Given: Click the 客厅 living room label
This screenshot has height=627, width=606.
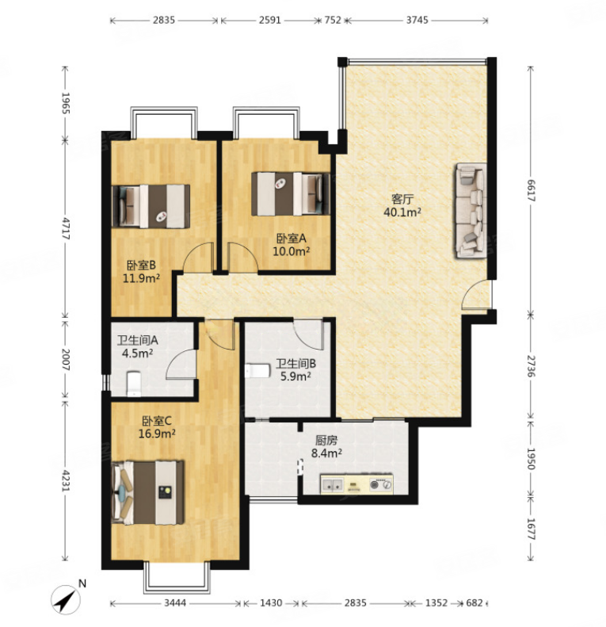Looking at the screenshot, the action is pyautogui.click(x=402, y=199).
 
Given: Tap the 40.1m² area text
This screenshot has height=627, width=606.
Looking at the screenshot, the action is pyautogui.click(x=402, y=212).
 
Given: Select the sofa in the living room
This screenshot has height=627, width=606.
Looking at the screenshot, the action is pyautogui.click(x=471, y=210).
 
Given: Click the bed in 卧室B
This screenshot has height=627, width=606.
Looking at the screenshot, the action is pyautogui.click(x=151, y=206).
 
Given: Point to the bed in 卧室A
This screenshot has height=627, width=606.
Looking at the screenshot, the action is pyautogui.click(x=291, y=193).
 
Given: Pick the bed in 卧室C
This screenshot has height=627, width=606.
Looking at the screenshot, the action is pyautogui.click(x=148, y=492).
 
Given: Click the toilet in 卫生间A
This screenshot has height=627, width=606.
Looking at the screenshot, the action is pyautogui.click(x=134, y=384).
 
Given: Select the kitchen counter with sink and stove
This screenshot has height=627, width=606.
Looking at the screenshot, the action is pyautogui.click(x=356, y=484).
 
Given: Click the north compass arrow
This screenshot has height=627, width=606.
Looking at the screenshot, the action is pyautogui.click(x=66, y=599).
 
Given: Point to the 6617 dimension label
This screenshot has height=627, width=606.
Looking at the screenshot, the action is pyautogui.click(x=532, y=190).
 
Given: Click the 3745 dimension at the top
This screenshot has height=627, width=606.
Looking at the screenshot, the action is pyautogui.click(x=417, y=20).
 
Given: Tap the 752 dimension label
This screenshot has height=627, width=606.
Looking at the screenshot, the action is pyautogui.click(x=333, y=20).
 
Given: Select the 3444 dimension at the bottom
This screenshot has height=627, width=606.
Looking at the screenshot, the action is pyautogui.click(x=175, y=602).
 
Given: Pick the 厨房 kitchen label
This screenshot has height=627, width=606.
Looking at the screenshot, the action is pyautogui.click(x=326, y=441).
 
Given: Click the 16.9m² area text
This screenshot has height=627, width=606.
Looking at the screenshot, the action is pyautogui.click(x=157, y=434).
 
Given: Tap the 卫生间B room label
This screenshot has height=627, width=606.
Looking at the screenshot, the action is pyautogui.click(x=295, y=364).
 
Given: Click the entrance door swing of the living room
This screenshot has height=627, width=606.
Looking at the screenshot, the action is pyautogui.click(x=475, y=295).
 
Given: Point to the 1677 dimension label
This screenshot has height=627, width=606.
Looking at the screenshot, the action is pyautogui.click(x=532, y=529).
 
